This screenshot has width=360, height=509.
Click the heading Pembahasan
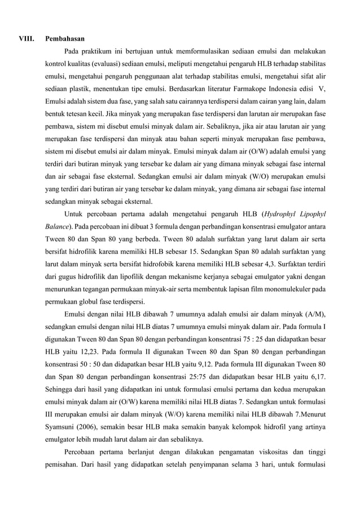(65, 40)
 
